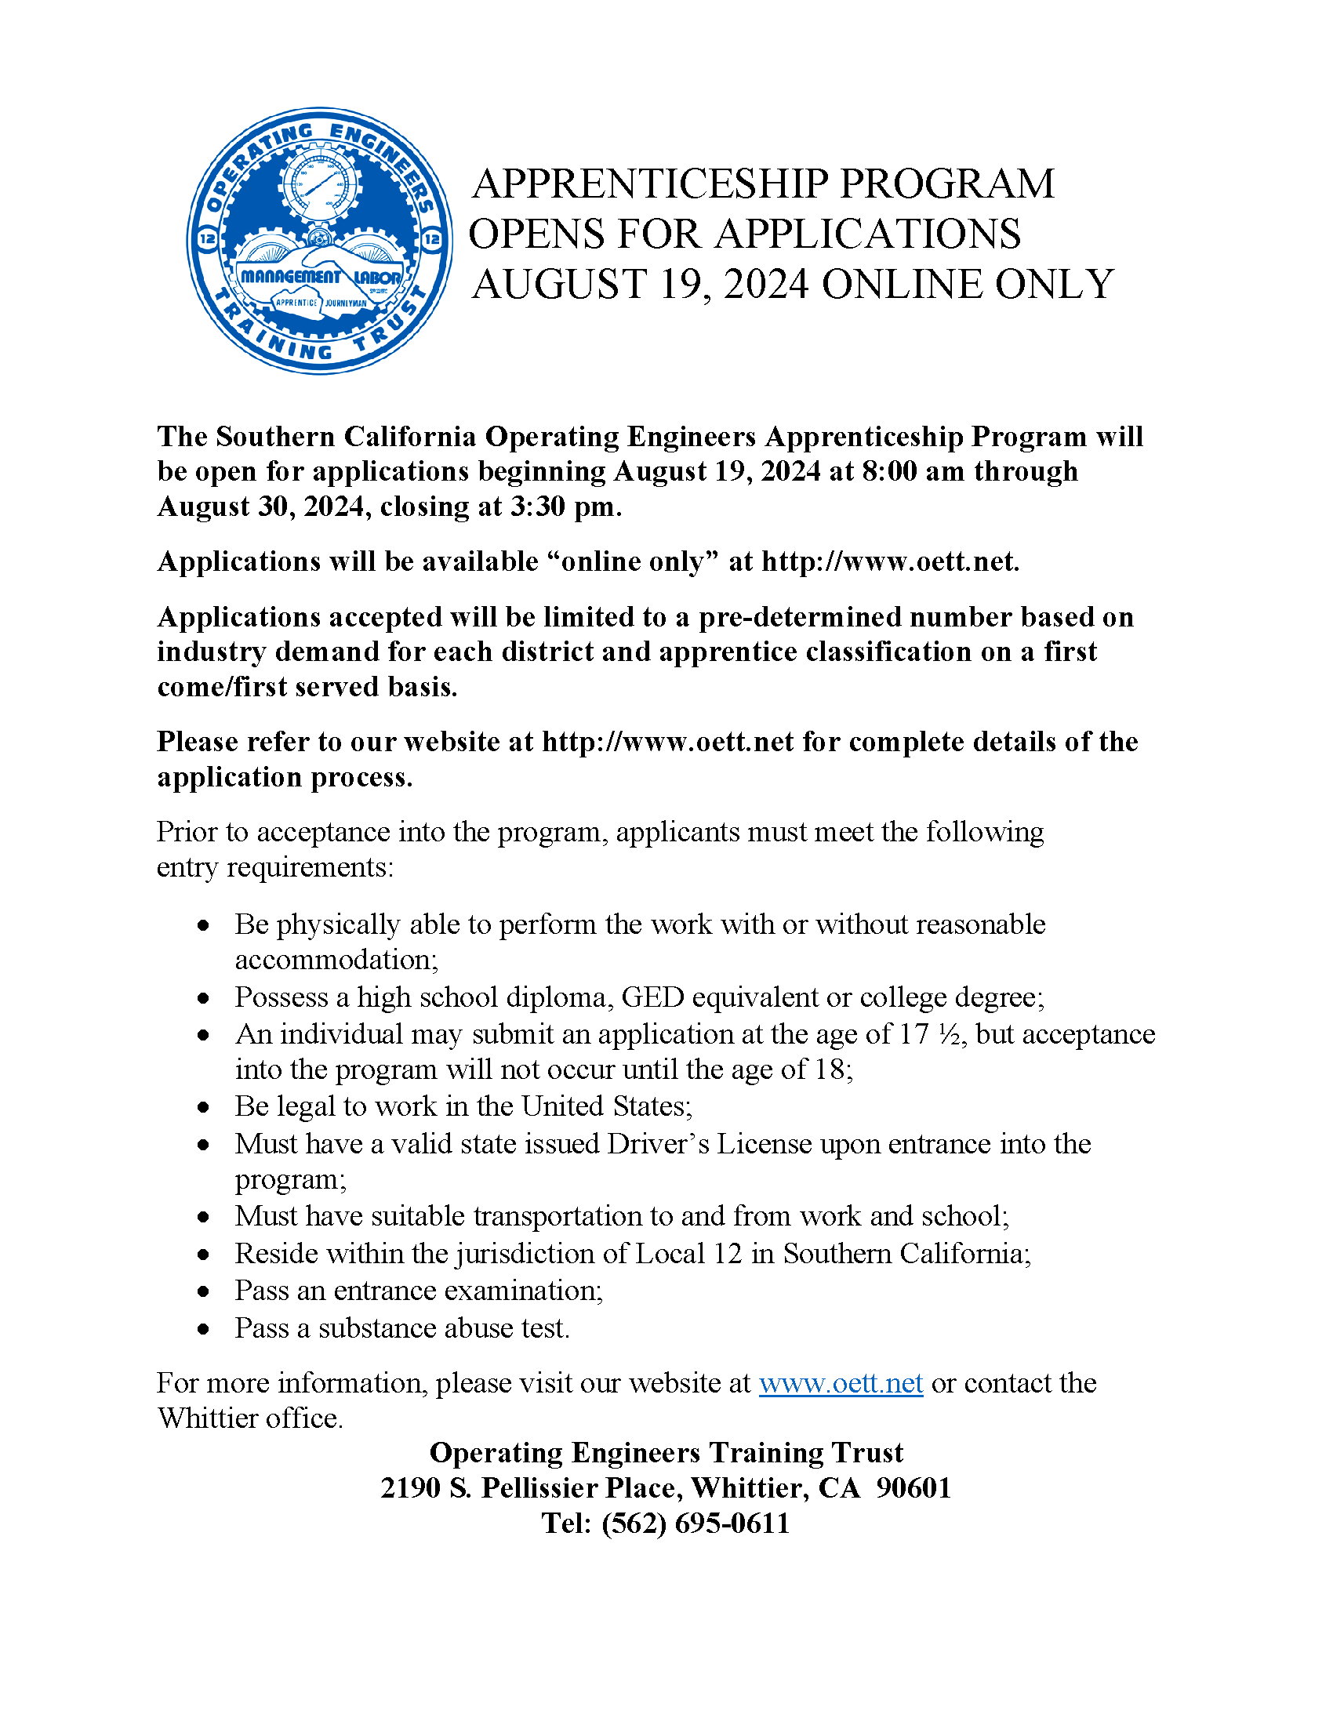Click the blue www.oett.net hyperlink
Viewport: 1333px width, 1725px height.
tap(841, 1383)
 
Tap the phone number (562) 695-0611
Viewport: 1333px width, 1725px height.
tap(695, 1523)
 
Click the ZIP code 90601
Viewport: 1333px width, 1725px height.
tap(913, 1488)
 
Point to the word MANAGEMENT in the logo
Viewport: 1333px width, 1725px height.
tap(290, 277)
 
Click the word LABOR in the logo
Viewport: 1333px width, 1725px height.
tap(376, 278)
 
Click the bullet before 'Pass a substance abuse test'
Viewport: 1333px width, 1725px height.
tap(204, 1330)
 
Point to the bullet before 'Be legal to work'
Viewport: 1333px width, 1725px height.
tap(204, 1108)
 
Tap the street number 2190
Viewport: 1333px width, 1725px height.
tap(411, 1488)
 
